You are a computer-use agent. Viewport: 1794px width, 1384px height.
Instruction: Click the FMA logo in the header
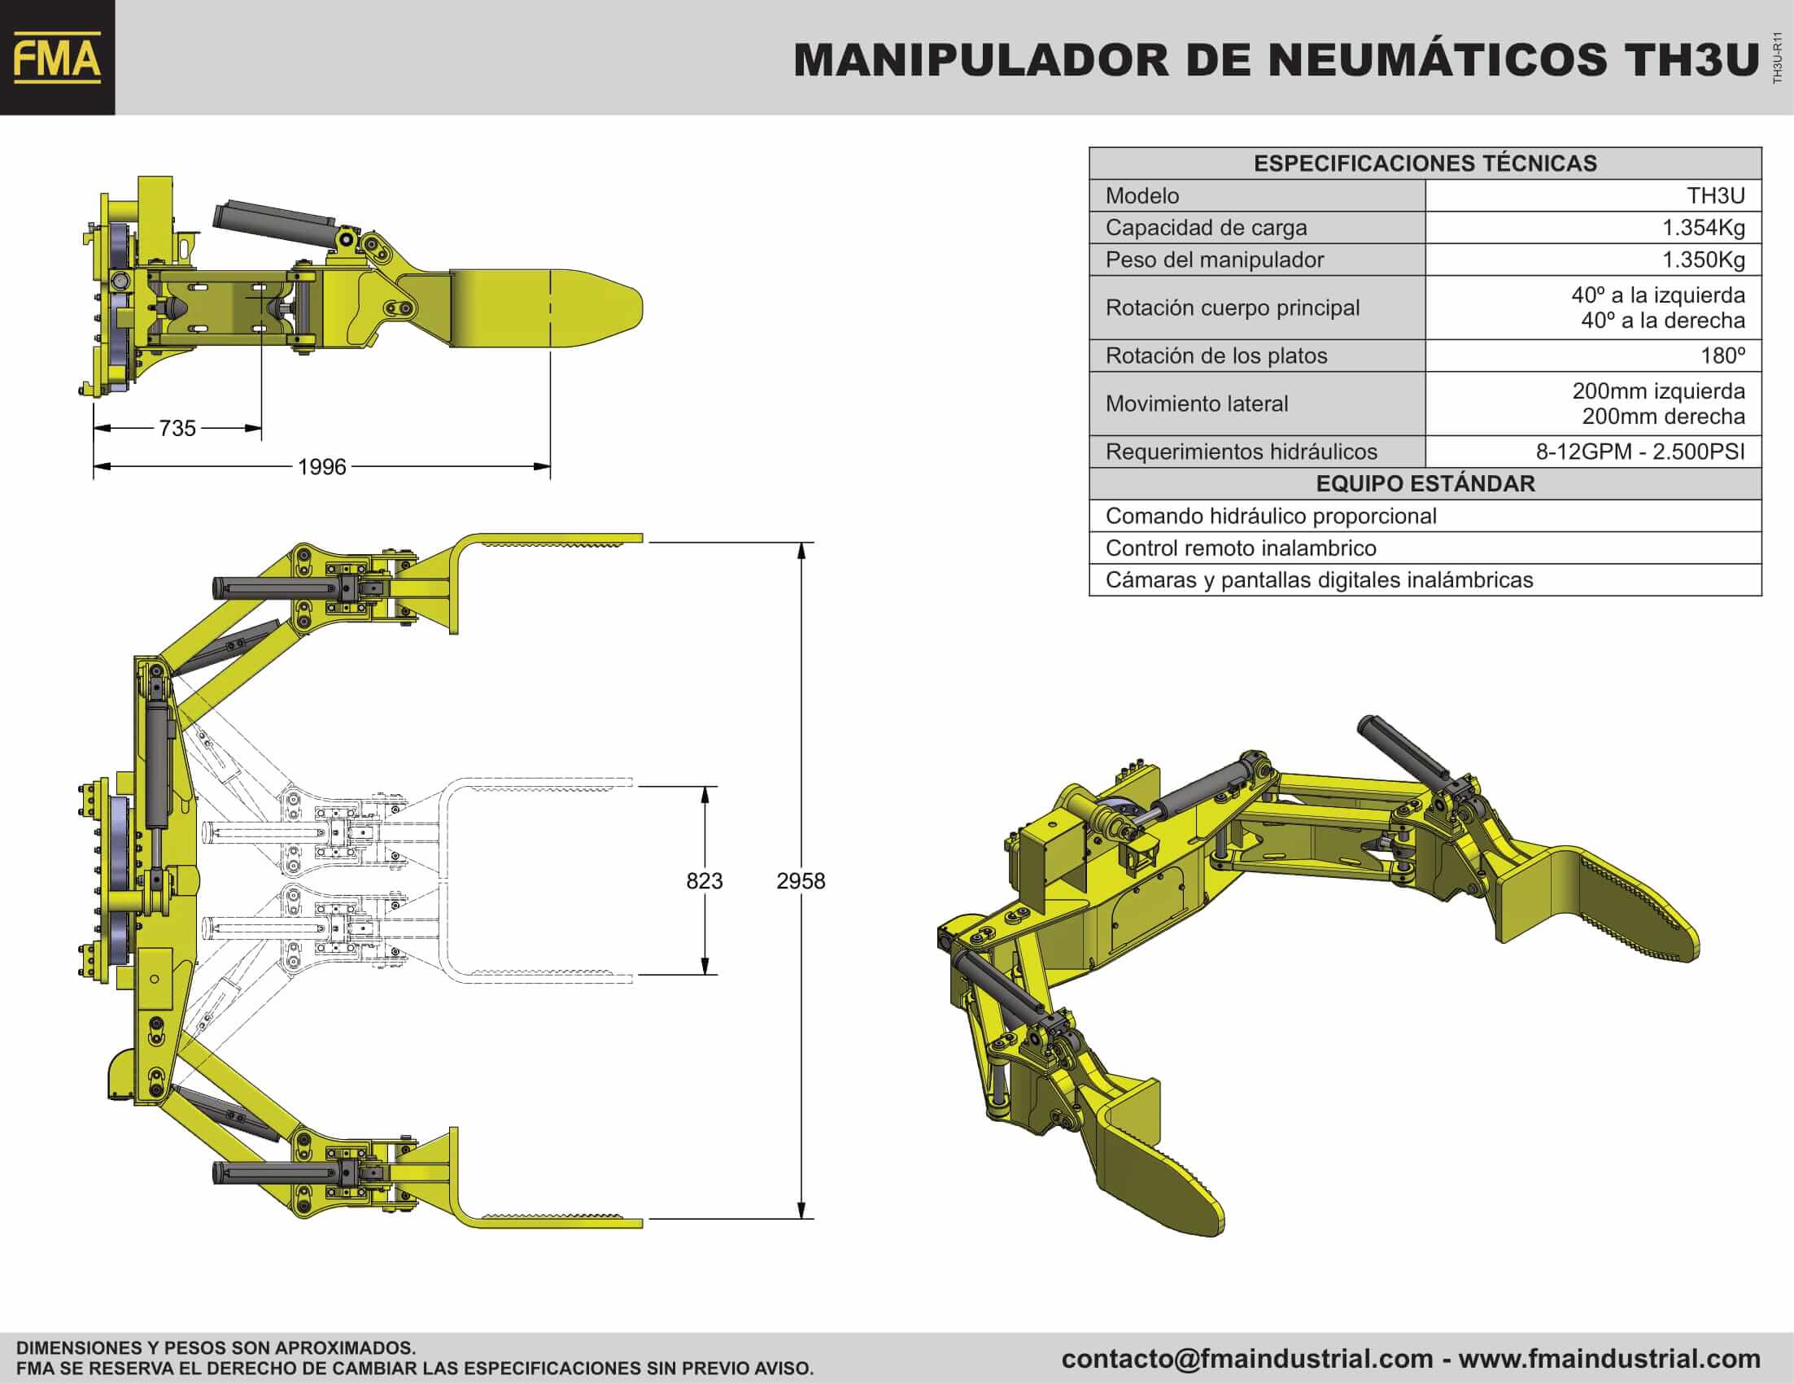pos(58,58)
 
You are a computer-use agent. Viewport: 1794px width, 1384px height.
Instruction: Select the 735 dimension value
pos(177,428)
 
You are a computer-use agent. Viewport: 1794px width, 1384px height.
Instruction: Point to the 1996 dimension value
pos(322,466)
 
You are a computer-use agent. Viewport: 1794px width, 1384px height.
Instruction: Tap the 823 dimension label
pos(704,880)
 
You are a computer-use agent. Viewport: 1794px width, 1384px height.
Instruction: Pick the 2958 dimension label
pos(801,880)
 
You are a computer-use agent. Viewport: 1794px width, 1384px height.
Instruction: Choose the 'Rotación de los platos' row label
pos(1216,356)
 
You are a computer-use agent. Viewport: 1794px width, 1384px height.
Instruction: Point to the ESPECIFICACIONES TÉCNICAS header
pos(1425,164)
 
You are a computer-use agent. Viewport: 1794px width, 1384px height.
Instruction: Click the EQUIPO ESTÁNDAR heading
pos(1425,484)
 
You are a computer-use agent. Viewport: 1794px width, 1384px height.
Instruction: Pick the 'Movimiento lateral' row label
pos(1197,404)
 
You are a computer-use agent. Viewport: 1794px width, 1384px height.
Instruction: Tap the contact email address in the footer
pos(1247,1359)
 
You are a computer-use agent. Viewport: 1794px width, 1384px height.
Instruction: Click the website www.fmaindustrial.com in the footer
pos(1609,1359)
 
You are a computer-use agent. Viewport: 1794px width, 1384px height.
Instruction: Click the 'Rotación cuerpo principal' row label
pos(1232,308)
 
